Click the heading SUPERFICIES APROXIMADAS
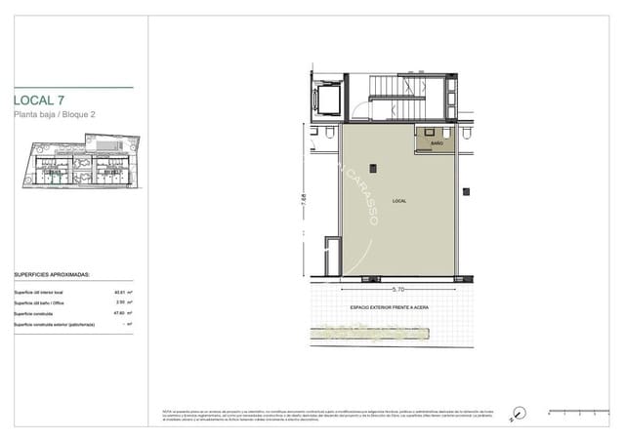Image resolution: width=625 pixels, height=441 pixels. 52,275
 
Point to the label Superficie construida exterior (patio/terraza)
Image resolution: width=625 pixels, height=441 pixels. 54,324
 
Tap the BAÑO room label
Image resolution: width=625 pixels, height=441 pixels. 437,142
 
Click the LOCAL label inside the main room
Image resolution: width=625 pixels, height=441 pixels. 398,201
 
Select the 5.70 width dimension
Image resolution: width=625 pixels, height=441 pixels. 397,290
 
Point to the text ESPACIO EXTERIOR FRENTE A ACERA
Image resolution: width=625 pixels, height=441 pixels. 391,307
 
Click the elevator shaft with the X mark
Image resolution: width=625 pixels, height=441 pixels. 325,99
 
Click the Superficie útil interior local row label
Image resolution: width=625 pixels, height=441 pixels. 39,292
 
